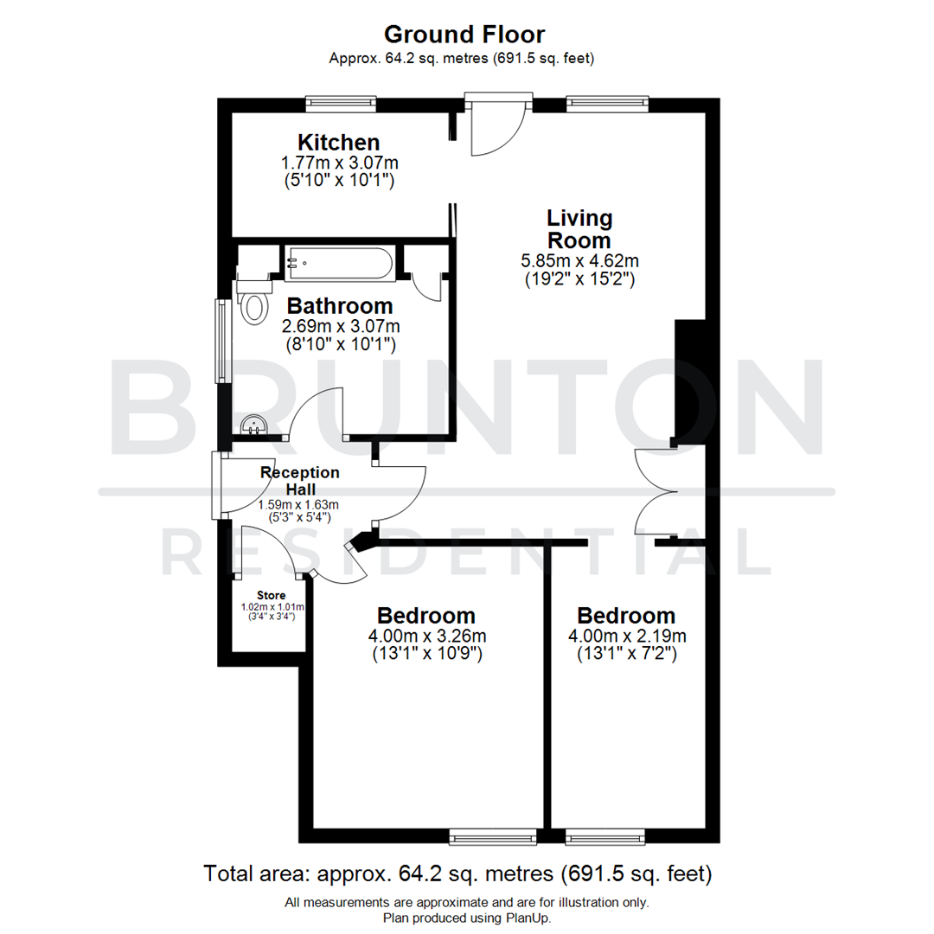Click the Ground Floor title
[x=464, y=35]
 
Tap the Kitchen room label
[x=339, y=142]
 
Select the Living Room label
[x=578, y=229]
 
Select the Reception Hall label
[x=299, y=481]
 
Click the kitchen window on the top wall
[x=341, y=105]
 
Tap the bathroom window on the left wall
[x=222, y=341]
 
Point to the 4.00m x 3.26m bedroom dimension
[x=426, y=637]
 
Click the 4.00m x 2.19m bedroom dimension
[x=626, y=637]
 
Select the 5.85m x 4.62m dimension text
[x=579, y=260]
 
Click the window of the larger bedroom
[x=493, y=836]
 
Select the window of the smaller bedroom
[x=605, y=836]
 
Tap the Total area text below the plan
[x=457, y=873]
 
